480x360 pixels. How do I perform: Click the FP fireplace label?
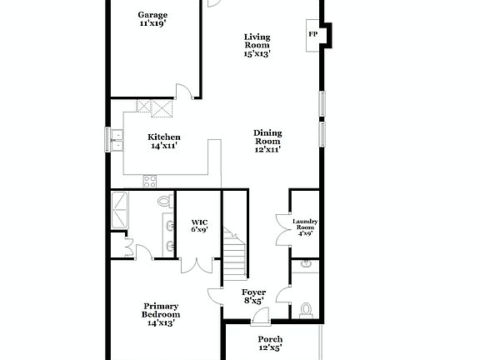[x=313, y=34]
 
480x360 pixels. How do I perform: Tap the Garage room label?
[x=153, y=19]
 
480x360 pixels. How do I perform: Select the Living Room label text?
[x=257, y=44]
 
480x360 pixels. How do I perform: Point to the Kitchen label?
[x=164, y=141]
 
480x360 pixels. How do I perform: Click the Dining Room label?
[x=267, y=141]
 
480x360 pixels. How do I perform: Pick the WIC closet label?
[x=199, y=225]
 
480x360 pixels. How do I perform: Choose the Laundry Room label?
[x=305, y=227]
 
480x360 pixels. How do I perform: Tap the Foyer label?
[x=253, y=296]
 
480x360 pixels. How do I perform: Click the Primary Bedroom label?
[x=161, y=313]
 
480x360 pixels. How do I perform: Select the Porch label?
[x=269, y=343]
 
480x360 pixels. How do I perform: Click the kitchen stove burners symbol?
[x=151, y=180]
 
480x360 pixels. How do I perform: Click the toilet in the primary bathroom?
[x=164, y=202]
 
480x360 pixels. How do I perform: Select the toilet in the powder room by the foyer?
[x=306, y=310]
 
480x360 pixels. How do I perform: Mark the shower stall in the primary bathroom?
[x=122, y=210]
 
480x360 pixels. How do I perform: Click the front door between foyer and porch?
[x=261, y=315]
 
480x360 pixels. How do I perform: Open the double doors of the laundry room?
[x=282, y=229]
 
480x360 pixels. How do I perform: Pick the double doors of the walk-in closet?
[x=197, y=265]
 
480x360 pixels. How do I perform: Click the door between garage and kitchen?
[x=188, y=92]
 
